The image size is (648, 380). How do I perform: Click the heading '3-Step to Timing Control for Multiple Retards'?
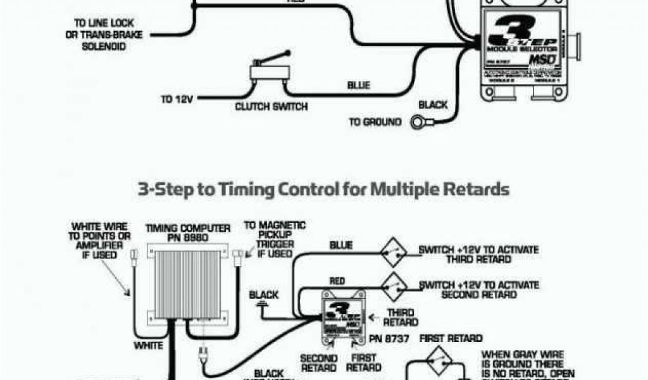323,189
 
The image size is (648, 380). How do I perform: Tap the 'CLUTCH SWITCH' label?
271,107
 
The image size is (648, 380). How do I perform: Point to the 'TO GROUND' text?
375,122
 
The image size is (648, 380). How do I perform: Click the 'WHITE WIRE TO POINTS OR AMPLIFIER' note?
99,240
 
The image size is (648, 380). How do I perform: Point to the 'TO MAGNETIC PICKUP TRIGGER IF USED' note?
274,239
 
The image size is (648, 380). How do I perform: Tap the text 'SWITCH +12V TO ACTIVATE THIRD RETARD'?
478,255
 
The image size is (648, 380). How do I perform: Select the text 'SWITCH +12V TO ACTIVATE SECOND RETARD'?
478,289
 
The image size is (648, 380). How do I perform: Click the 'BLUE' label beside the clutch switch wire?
358,85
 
